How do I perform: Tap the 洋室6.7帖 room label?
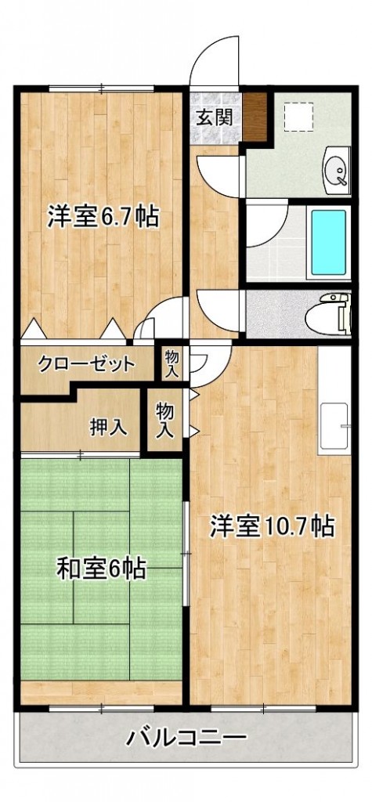[x=103, y=217]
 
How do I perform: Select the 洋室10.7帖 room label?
[x=272, y=526]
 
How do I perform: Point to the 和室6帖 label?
[x=101, y=569]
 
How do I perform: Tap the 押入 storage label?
[x=107, y=427]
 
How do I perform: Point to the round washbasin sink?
[x=338, y=169]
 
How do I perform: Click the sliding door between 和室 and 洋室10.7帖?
[x=186, y=553]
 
